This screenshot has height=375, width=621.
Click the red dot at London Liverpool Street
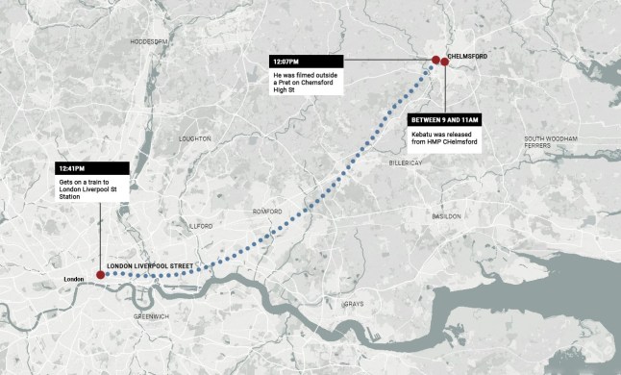tap(100, 275)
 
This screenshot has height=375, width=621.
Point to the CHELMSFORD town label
tap(467, 57)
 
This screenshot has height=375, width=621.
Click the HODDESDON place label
tap(149, 42)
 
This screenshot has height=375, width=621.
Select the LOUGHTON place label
tap(195, 138)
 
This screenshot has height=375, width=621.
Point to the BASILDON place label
tap(446, 216)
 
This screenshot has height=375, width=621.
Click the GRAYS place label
tap(353, 305)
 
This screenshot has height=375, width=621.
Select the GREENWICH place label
tap(152, 316)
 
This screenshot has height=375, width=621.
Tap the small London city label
tap(74, 279)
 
